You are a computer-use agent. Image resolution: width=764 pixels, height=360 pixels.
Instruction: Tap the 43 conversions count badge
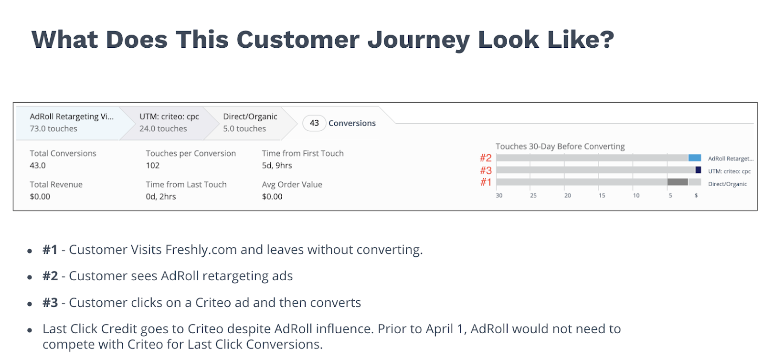point(314,123)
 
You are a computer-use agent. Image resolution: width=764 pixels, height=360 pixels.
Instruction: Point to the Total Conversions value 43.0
point(38,165)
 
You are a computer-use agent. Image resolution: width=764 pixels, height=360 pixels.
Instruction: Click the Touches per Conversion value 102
point(152,165)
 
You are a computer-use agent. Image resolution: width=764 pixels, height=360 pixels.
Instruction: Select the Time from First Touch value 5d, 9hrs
point(277,165)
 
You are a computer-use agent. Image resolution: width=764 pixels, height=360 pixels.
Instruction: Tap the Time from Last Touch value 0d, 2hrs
point(160,197)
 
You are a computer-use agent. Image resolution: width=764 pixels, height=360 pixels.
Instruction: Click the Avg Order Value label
point(292,184)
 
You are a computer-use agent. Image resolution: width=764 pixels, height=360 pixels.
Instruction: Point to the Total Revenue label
point(56,184)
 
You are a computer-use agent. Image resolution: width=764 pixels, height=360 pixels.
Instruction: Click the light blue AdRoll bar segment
point(694,158)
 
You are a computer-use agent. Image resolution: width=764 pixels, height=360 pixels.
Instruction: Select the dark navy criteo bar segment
point(698,170)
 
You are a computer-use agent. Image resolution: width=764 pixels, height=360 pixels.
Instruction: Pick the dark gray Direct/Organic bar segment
point(678,182)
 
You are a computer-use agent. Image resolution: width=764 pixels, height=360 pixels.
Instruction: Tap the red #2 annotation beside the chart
point(486,158)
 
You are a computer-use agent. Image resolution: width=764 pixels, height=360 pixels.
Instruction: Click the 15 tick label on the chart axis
point(602,196)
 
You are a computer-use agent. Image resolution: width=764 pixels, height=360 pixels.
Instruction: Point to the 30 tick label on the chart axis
point(499,196)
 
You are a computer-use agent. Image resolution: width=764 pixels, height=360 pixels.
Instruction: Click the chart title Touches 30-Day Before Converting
point(560,146)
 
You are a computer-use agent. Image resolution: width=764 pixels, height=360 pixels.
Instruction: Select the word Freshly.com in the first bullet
point(201,250)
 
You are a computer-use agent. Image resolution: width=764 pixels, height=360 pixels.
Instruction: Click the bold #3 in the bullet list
point(50,303)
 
